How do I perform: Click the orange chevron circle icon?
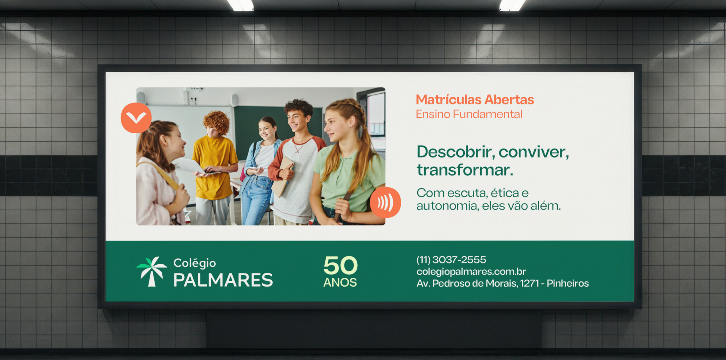click(x=136, y=118)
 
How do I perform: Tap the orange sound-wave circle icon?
click(x=385, y=203)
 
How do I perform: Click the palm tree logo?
click(x=151, y=271)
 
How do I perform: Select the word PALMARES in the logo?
click(x=223, y=280)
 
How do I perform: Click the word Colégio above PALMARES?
click(x=195, y=263)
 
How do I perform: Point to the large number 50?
click(x=340, y=265)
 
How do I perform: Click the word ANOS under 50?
click(x=340, y=282)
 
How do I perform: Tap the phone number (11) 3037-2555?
click(x=451, y=260)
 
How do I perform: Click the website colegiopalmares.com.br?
click(x=471, y=272)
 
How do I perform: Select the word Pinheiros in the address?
click(x=568, y=283)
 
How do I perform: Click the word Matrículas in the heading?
click(x=449, y=100)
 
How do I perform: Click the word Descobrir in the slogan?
click(x=456, y=152)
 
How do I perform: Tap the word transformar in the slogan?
click(x=465, y=170)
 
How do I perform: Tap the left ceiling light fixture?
click(x=241, y=5)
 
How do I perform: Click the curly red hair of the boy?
click(x=217, y=122)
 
